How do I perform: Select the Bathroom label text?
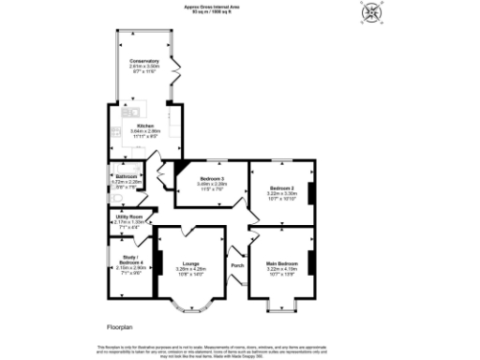pyautogui.click(x=127, y=176)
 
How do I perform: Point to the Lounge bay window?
pyautogui.click(x=191, y=306)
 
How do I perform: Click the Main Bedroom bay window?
pyautogui.click(x=282, y=305)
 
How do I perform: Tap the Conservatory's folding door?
pyautogui.click(x=172, y=70)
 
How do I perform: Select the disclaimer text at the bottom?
pyautogui.click(x=240, y=350)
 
